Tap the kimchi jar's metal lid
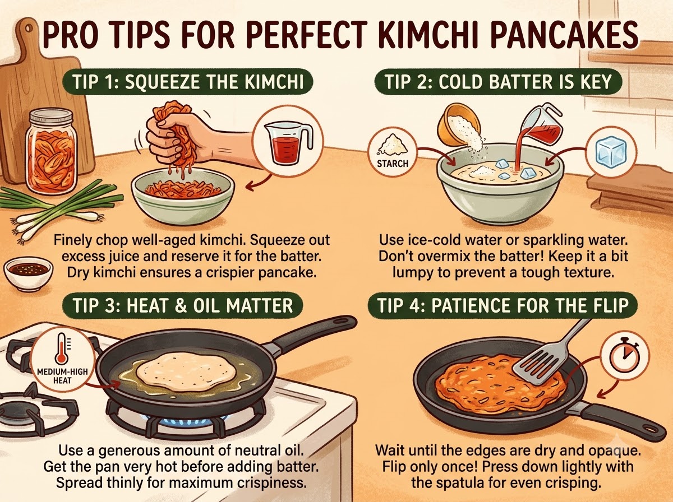[x=51, y=117]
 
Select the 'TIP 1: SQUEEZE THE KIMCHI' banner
[x=188, y=82]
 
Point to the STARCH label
[x=393, y=164]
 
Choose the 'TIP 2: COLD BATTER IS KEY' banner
[x=499, y=82]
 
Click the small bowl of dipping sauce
[x=28, y=272]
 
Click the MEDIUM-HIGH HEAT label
[x=62, y=376]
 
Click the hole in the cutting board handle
[x=29, y=29]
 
